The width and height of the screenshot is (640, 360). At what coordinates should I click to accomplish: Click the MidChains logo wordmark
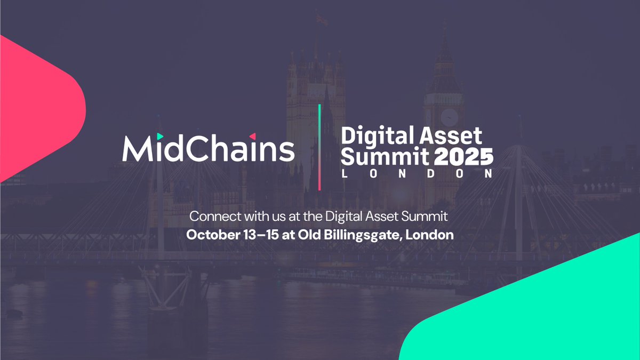[208, 149]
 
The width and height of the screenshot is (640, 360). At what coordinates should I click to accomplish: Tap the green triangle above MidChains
[160, 137]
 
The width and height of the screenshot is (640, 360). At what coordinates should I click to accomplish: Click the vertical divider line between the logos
[319, 147]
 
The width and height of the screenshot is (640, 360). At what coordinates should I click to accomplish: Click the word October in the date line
[210, 235]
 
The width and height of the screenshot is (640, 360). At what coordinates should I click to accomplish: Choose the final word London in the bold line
[430, 235]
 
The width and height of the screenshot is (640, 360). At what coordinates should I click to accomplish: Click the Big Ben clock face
[449, 116]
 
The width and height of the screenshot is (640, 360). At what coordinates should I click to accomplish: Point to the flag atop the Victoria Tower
[321, 19]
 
